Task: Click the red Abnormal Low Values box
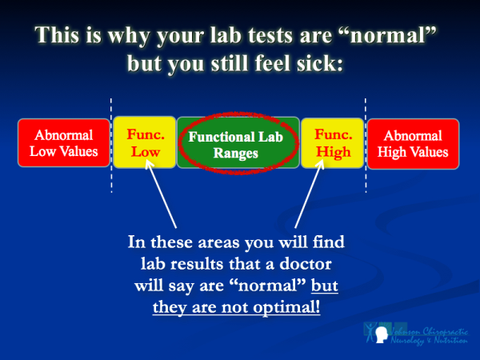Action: coord(62,143)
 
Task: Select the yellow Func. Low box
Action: coord(144,143)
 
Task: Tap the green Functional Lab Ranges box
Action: coord(237,143)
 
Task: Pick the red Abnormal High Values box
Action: coord(412,143)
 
